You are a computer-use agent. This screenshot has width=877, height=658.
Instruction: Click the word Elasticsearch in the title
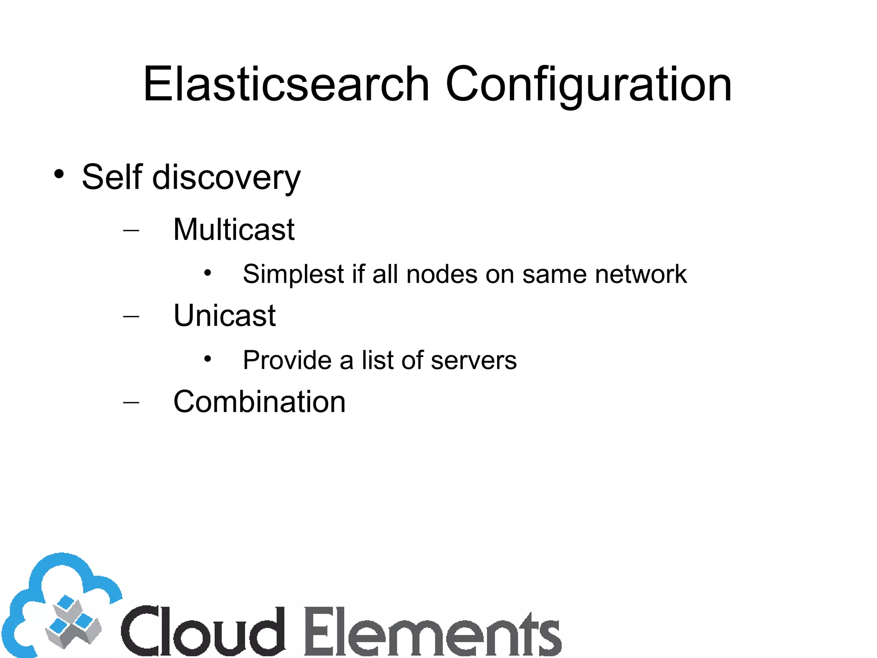[x=286, y=84]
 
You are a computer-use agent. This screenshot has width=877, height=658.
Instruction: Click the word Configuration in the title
[x=588, y=85]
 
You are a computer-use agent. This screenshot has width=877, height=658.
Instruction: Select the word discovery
[x=227, y=178]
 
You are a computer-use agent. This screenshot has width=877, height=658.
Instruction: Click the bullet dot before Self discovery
[x=59, y=174]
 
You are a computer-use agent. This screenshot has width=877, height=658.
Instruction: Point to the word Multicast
[x=234, y=229]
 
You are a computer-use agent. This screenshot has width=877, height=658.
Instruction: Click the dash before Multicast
[x=131, y=230]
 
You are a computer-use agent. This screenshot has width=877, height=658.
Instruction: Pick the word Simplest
[x=293, y=274]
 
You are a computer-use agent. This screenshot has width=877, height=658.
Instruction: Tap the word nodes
[x=441, y=274]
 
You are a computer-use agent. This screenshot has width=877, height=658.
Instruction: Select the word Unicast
[x=224, y=315]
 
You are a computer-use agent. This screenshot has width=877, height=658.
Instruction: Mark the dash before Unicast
[x=131, y=317]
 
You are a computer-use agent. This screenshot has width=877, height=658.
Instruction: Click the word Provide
[x=287, y=360]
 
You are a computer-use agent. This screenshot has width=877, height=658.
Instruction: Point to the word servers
[x=474, y=361]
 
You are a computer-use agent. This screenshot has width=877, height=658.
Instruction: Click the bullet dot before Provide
[x=208, y=358]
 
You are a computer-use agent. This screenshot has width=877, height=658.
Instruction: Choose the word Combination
[x=259, y=402]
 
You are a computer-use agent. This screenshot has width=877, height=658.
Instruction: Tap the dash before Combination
[x=131, y=403]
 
